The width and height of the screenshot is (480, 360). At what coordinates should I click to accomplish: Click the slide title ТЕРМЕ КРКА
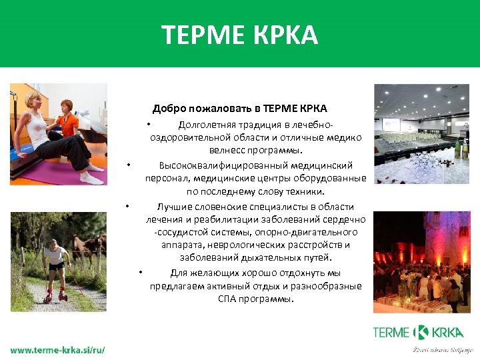point(239,34)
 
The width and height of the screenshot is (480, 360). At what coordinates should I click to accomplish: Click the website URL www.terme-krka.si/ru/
point(57,350)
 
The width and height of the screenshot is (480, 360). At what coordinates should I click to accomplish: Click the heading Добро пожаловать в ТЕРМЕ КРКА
point(239,108)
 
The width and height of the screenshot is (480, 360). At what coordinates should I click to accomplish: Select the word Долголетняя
point(206,125)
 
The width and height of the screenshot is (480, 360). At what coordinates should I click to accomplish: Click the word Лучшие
point(171,207)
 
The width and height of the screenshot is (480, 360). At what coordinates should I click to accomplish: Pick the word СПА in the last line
point(227,298)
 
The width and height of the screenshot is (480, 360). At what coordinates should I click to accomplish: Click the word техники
point(305,191)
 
